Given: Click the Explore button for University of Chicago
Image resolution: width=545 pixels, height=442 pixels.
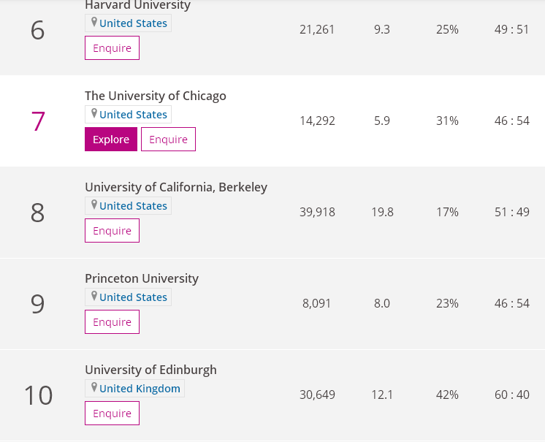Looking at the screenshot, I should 111,140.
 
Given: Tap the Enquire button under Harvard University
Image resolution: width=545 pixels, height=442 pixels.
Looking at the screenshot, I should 112,48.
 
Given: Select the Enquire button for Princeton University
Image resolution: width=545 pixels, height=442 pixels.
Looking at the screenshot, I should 112,322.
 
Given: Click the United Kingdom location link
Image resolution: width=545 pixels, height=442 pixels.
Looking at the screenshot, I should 140,389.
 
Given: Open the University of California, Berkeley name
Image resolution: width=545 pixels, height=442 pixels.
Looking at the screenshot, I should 176,187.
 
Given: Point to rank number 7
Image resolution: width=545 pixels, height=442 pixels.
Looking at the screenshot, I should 38,121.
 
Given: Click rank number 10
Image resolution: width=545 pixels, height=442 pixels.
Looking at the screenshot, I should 38,395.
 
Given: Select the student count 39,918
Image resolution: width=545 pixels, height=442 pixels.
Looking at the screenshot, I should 317,212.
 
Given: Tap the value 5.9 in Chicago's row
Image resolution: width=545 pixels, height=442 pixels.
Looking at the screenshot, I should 382,121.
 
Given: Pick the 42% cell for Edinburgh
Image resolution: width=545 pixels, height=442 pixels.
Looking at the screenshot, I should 447,395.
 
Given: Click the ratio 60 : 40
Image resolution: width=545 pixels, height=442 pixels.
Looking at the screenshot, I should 511,395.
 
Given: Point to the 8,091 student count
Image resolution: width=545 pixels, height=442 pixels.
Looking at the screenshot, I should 317,303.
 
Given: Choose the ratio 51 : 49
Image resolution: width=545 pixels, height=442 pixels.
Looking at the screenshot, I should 511,212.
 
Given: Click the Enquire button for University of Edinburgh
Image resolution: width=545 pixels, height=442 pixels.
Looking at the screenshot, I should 112,414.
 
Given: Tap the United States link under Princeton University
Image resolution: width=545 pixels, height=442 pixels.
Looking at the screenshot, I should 133,297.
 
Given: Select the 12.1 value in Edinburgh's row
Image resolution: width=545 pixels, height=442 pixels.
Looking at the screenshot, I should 382,395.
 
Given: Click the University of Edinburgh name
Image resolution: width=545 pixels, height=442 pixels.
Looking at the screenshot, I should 150,370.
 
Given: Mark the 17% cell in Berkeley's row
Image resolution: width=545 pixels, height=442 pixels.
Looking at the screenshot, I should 447,212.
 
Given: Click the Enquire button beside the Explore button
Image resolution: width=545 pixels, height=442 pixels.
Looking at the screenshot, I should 168,140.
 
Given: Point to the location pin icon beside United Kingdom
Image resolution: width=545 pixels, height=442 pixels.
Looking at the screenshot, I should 94,387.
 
